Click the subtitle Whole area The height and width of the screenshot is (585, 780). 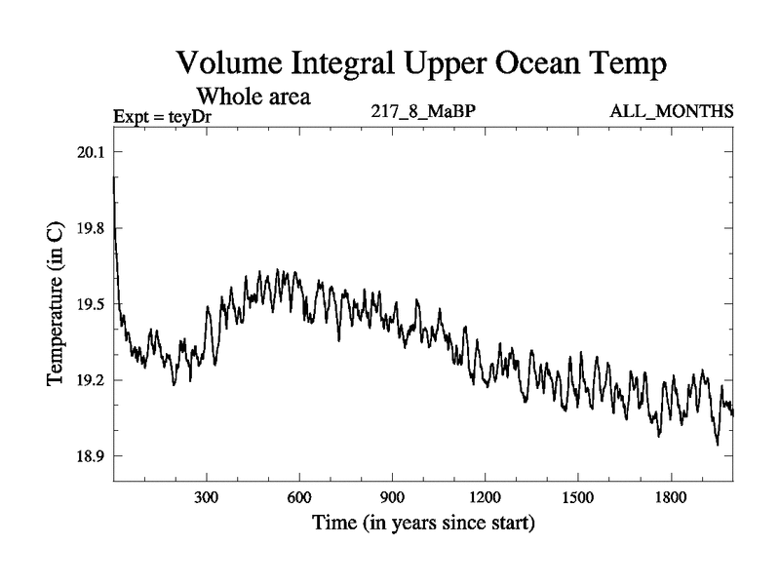[253, 97]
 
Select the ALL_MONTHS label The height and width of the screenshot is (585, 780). [672, 111]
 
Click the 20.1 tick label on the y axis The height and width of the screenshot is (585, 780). [94, 152]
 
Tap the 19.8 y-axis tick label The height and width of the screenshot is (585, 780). [94, 228]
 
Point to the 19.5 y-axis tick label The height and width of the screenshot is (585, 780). [94, 304]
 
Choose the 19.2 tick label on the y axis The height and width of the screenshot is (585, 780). [94, 380]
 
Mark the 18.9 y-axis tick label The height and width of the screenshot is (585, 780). [94, 456]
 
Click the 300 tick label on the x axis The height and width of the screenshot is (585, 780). [207, 495]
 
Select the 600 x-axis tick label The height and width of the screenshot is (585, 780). [299, 495]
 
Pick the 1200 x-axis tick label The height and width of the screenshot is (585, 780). [485, 495]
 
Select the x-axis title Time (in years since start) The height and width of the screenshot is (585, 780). [423, 524]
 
